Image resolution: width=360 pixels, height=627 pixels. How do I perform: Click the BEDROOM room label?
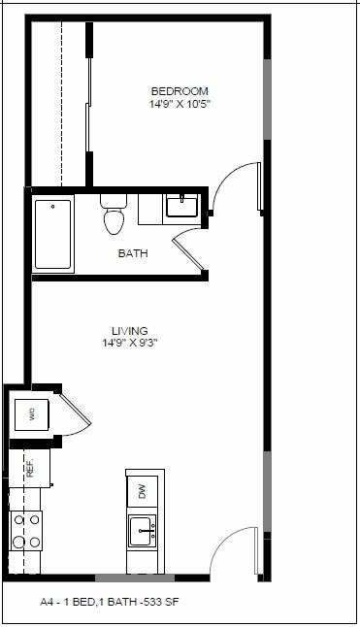tap(180, 91)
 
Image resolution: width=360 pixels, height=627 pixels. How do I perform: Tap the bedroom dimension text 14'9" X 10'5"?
tap(180, 105)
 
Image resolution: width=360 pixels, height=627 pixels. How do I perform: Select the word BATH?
tap(133, 253)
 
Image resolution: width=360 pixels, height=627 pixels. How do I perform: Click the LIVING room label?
tap(130, 331)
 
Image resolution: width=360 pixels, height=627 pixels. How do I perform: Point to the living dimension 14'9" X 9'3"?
tap(130, 344)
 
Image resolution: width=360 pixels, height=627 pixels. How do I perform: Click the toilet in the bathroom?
tap(114, 214)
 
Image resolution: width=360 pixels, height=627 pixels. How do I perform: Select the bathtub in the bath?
tap(52, 234)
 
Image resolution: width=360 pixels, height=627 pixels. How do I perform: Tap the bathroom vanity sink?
tap(181, 206)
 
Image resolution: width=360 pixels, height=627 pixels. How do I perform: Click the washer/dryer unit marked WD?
tap(32, 414)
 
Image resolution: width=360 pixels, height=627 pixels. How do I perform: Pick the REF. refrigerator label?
tap(30, 468)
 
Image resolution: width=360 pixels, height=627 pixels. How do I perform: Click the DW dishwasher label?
tap(143, 491)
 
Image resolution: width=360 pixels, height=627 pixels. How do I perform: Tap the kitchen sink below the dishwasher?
tap(142, 532)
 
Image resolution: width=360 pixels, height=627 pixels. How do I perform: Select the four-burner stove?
tap(26, 531)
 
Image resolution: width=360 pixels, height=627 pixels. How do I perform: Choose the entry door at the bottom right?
tap(234, 551)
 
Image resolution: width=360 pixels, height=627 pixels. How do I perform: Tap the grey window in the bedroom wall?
tap(267, 100)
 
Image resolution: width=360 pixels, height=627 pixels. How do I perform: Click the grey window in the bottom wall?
tap(135, 577)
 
